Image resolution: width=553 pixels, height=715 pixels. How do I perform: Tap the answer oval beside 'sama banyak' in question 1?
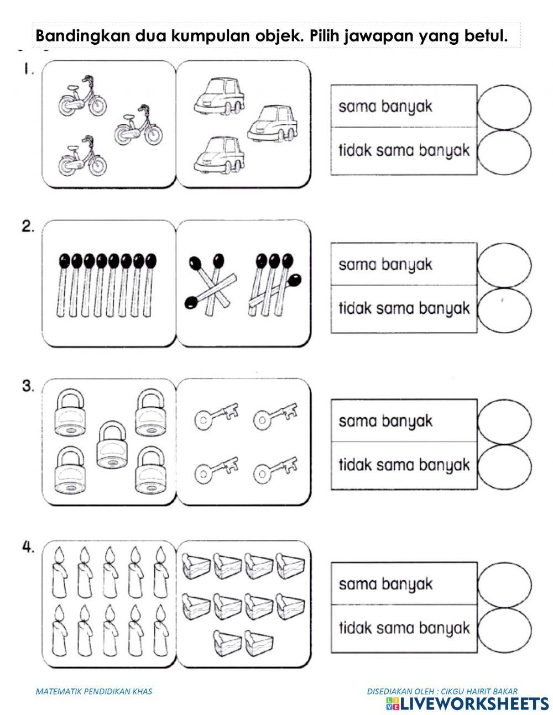[503, 107]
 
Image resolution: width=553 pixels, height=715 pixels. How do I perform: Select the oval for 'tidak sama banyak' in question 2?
[503, 309]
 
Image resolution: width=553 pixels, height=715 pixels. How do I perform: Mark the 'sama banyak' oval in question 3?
[503, 422]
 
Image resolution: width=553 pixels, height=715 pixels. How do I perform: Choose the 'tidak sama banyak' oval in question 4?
[503, 628]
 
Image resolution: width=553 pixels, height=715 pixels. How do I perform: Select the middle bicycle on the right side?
[138, 125]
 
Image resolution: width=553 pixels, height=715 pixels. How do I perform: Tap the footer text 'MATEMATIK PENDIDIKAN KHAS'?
[93, 691]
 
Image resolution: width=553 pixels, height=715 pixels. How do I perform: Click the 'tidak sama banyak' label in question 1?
[404, 151]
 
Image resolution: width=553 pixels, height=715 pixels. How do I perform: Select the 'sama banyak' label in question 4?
[385, 584]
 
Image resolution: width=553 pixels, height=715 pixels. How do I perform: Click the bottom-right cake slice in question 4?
[259, 641]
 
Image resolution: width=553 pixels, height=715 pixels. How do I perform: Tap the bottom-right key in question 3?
[275, 469]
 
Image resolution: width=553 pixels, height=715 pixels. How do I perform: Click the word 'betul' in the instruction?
[488, 36]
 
